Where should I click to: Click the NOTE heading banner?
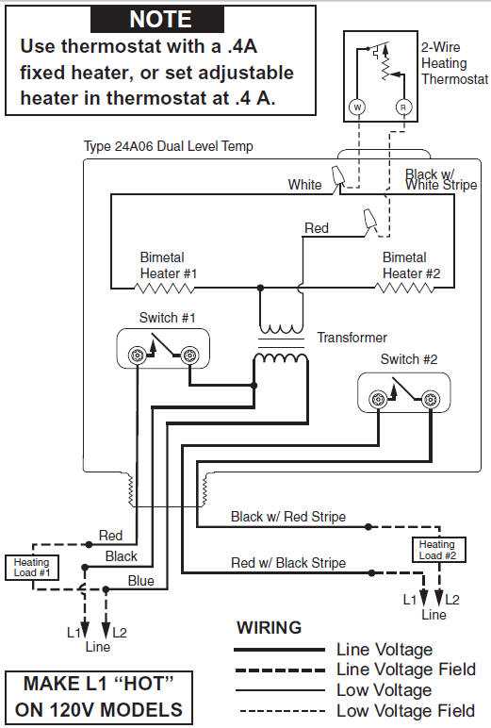tap(159, 19)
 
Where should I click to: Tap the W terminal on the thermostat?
tap(357, 108)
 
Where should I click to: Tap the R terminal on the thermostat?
tap(404, 108)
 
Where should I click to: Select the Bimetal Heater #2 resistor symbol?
tap(404, 288)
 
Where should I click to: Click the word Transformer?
tap(352, 337)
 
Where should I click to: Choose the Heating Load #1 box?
tap(32, 567)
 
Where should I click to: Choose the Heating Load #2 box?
tap(436, 549)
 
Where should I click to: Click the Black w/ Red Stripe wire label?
tap(288, 517)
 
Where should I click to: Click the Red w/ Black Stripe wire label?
tap(288, 563)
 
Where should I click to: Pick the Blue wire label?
tap(141, 581)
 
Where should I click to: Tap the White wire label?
tap(305, 185)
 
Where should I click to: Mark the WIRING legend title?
tap(269, 627)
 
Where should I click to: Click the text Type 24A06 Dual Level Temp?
tap(169, 147)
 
